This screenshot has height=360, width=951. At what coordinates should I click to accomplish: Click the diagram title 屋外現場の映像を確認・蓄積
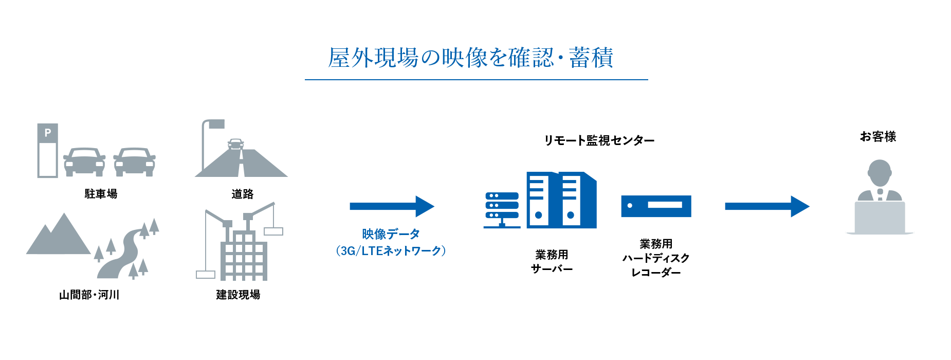point(471,58)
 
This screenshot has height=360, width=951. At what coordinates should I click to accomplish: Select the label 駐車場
point(101,194)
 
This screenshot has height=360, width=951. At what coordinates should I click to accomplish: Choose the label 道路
point(242,194)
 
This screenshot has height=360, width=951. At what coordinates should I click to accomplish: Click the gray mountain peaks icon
point(58,237)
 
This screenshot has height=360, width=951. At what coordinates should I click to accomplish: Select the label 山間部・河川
point(89,295)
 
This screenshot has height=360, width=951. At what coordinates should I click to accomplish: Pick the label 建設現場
point(238,295)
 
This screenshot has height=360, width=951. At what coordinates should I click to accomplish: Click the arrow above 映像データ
point(392,206)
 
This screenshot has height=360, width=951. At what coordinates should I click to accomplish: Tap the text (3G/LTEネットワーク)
point(391,251)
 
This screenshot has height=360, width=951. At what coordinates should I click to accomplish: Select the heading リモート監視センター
point(599,140)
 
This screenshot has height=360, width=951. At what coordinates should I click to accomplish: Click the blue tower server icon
point(561,200)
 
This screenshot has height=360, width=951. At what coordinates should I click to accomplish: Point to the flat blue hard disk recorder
point(656,206)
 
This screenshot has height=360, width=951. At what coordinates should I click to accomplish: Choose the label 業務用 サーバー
point(552,261)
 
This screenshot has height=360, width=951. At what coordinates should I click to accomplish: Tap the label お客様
point(878,137)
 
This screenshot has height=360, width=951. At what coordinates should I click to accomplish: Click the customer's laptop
point(880,218)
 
